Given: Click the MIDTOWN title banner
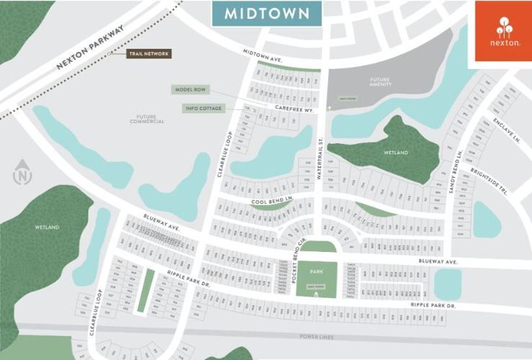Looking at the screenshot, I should [266, 13].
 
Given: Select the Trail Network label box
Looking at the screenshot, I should [148, 54].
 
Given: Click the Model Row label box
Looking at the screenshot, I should [190, 90].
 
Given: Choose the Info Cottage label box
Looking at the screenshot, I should [203, 109].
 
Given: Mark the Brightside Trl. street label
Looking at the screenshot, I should [489, 182].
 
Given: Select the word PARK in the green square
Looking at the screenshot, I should [317, 271].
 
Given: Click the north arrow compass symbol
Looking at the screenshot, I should [23, 174].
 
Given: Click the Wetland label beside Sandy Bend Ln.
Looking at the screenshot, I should [395, 153].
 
